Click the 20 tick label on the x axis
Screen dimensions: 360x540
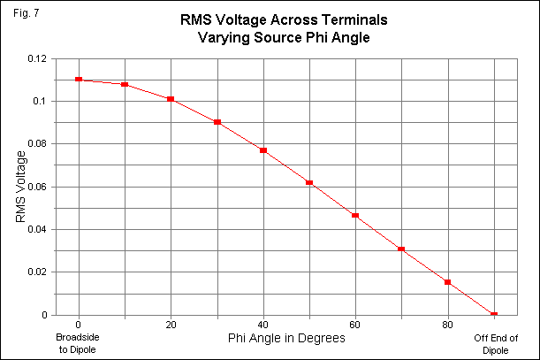coord(171,325)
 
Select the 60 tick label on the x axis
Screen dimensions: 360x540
coord(355,325)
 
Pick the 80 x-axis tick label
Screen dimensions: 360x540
coord(447,325)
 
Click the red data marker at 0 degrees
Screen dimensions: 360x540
coord(79,80)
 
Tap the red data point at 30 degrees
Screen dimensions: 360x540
coord(217,122)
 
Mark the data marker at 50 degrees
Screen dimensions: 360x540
coord(309,183)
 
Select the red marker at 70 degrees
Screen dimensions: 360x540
coord(401,249)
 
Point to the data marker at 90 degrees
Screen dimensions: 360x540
coord(494,315)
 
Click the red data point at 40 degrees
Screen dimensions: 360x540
coord(263,150)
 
